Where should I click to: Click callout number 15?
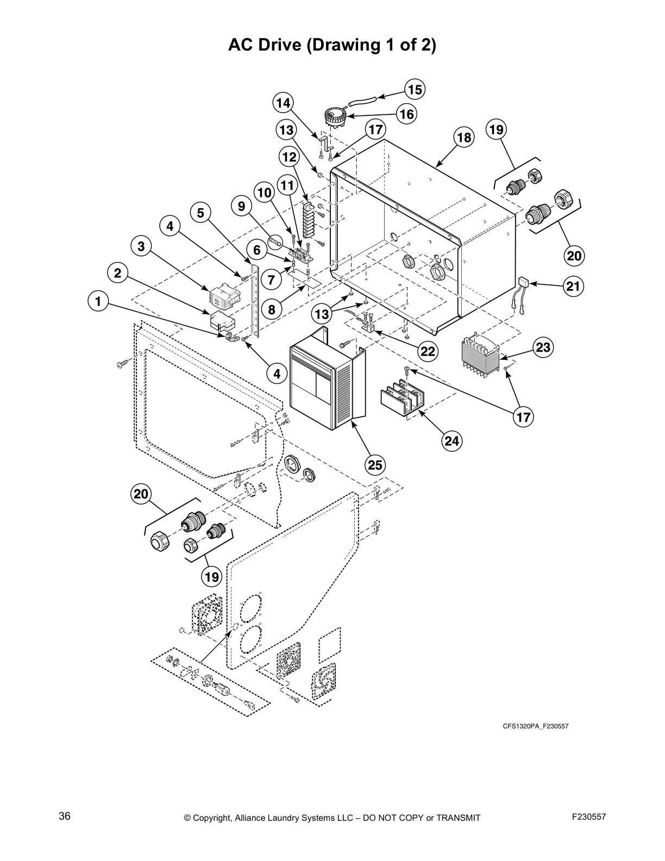(415, 90)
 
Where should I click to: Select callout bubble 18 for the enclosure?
(465, 138)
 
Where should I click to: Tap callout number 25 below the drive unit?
(375, 465)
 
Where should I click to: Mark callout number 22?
(428, 351)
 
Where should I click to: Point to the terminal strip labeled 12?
(309, 220)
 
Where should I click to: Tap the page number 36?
(65, 816)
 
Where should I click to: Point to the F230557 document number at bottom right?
(589, 816)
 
